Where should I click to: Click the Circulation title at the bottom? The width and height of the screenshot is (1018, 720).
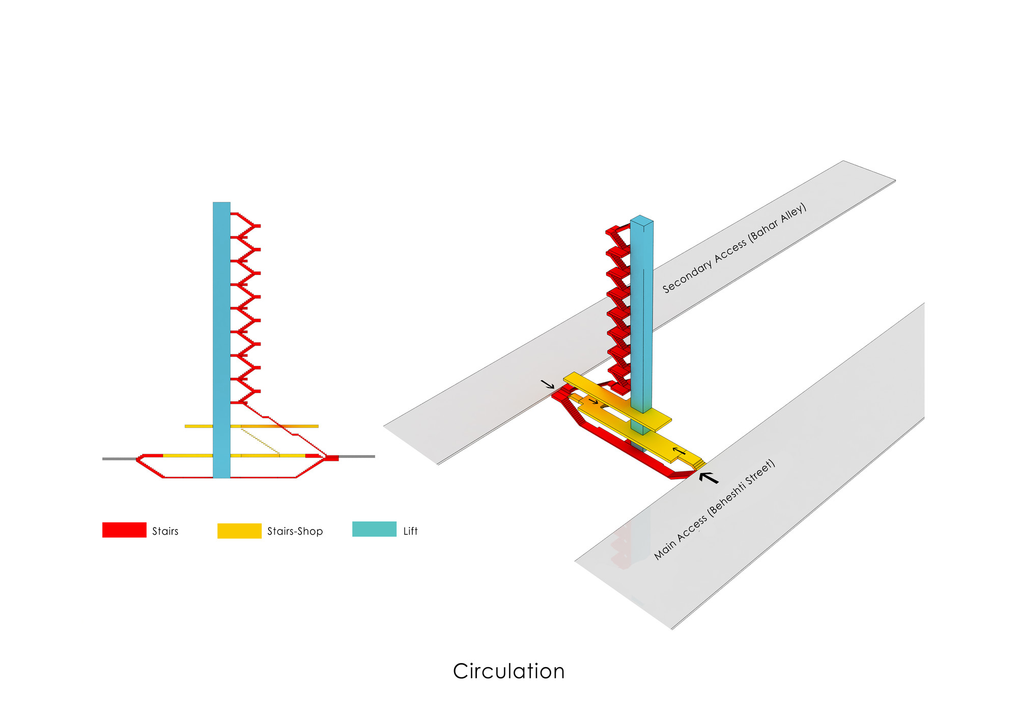[x=508, y=671]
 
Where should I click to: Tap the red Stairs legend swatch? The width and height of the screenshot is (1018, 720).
[x=124, y=530]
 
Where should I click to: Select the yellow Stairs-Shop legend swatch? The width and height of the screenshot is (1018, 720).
[x=239, y=531]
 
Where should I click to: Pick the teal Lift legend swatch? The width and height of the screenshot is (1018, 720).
[x=374, y=529]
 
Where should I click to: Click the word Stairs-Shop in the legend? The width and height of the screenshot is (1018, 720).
[x=295, y=531]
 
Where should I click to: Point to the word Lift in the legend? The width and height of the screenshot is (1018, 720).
[x=410, y=531]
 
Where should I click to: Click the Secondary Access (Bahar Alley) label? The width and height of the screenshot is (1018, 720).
[x=734, y=248]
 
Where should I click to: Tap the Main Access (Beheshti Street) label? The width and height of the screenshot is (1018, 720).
[x=714, y=510]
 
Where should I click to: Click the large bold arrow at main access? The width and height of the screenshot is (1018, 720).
[x=709, y=478]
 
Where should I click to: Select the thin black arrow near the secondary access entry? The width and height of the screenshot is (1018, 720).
[x=548, y=384]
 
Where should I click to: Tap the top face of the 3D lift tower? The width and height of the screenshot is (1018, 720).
[x=642, y=220]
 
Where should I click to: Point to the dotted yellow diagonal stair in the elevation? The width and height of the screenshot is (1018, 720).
[x=260, y=441]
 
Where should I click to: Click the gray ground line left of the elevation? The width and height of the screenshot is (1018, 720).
[x=120, y=459]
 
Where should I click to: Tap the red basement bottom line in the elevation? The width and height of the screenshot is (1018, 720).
[x=229, y=478]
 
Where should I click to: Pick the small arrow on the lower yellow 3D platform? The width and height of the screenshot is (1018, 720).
[x=679, y=451]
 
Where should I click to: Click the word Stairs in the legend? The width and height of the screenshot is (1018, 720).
[x=165, y=531]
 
